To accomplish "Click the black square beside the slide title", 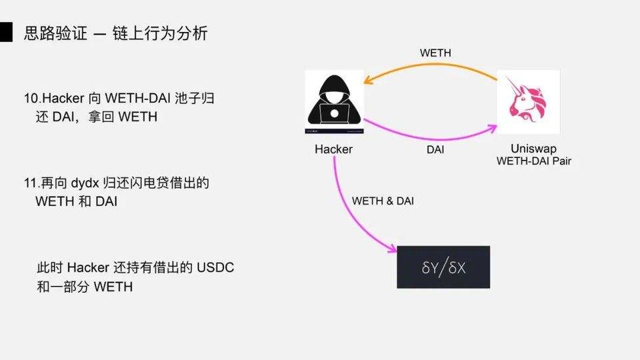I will click(6, 32).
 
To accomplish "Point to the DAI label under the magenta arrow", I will click(435, 150).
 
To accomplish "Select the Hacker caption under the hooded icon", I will click(333, 149).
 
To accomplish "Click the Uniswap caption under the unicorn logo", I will click(533, 148).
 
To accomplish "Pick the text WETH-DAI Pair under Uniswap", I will click(533, 161).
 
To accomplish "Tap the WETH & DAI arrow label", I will click(383, 201).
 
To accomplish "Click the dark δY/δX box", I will click(443, 267).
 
